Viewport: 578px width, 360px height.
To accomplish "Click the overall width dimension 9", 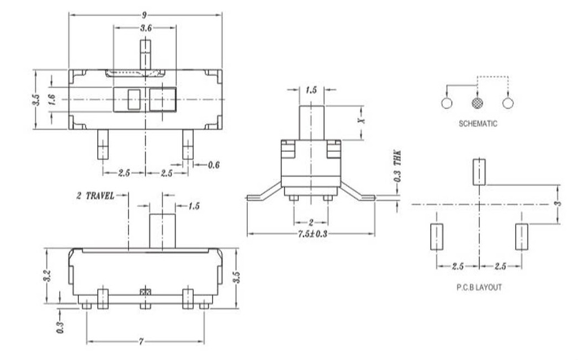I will pyautogui.click(x=145, y=14).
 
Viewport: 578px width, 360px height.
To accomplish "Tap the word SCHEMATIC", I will pyautogui.click(x=478, y=124).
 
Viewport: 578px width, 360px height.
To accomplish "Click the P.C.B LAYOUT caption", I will pyautogui.click(x=478, y=288).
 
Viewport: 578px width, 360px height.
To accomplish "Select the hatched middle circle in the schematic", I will pyautogui.click(x=478, y=103).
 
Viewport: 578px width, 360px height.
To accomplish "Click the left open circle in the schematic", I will pyautogui.click(x=447, y=103).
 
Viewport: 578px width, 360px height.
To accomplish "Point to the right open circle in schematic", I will pyautogui.click(x=508, y=103).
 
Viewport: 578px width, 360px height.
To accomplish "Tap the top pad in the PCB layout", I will pyautogui.click(x=478, y=171).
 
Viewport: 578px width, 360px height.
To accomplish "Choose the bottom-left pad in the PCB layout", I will pyautogui.click(x=436, y=236).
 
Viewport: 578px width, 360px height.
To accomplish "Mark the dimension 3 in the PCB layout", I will pyautogui.click(x=558, y=204).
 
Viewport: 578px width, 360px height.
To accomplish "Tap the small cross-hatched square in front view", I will pyautogui.click(x=146, y=291).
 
